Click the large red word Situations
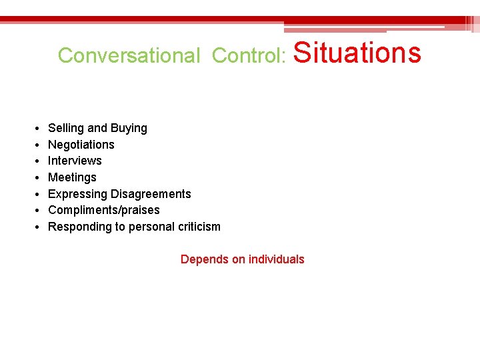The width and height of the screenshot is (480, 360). click(357, 52)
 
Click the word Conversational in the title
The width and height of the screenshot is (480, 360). click(129, 55)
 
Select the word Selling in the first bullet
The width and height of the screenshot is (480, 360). click(66, 128)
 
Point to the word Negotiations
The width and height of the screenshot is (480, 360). click(81, 145)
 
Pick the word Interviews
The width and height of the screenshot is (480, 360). click(75, 161)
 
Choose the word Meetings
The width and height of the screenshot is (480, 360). click(72, 177)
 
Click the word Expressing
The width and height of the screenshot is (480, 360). click(77, 194)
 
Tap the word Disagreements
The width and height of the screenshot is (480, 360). click(151, 194)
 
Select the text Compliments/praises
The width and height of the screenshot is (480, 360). click(104, 210)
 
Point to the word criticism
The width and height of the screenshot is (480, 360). click(199, 227)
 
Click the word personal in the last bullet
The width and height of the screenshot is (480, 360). click(151, 227)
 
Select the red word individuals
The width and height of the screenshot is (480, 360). click(276, 259)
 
